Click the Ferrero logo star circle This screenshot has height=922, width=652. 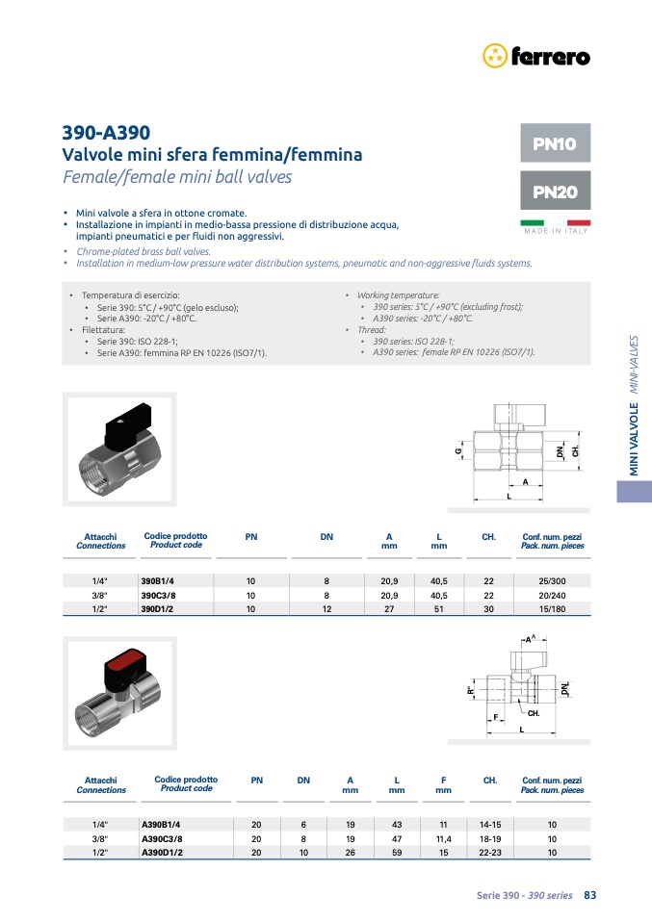494,56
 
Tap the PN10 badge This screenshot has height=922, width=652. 555,142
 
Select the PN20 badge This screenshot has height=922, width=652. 555,191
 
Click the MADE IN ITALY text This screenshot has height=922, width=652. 556,231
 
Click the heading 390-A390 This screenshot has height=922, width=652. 106,132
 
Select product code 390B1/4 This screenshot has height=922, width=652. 157,581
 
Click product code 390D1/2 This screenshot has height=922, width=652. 157,609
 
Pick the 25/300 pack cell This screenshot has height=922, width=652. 552,581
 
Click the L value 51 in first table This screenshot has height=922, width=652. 439,609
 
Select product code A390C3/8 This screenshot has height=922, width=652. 162,839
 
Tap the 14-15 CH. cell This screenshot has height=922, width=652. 490,825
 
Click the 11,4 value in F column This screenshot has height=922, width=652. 444,839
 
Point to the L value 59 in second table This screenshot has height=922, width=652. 397,853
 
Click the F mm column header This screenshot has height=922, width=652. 444,785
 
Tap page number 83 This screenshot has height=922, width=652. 589,895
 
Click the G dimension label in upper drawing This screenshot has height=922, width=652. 458,451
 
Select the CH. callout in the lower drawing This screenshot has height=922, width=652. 534,713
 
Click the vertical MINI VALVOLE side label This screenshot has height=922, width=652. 634,439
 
